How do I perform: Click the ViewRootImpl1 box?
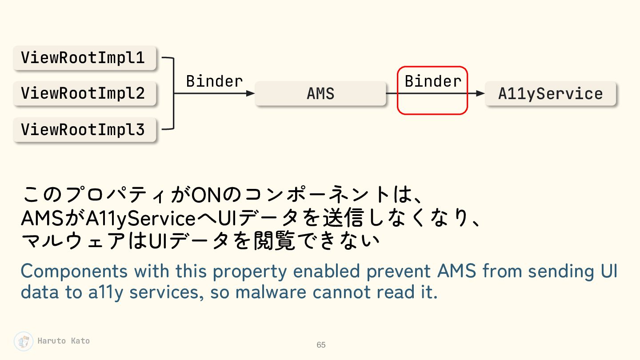(85, 58)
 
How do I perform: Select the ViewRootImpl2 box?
(85, 93)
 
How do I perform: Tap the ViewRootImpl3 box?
(85, 129)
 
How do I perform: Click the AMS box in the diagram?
(320, 93)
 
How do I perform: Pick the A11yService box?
(551, 93)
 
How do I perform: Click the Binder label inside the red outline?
(433, 81)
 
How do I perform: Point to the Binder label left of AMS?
(214, 81)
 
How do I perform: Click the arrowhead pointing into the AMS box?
(250, 93)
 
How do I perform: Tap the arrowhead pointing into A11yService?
(480, 93)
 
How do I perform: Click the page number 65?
(321, 345)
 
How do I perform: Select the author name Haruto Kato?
(64, 341)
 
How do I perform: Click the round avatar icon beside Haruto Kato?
(24, 341)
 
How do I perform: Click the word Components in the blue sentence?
(74, 271)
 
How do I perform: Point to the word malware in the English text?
(271, 292)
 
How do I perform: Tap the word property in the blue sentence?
(250, 272)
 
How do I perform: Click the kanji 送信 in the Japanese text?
(343, 218)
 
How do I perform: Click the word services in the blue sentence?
(167, 292)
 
